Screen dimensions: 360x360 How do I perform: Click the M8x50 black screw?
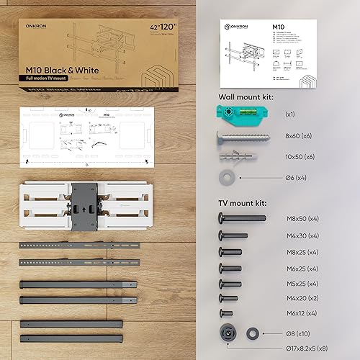click(x=240, y=217)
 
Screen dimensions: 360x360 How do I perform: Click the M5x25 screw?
click(x=230, y=284)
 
